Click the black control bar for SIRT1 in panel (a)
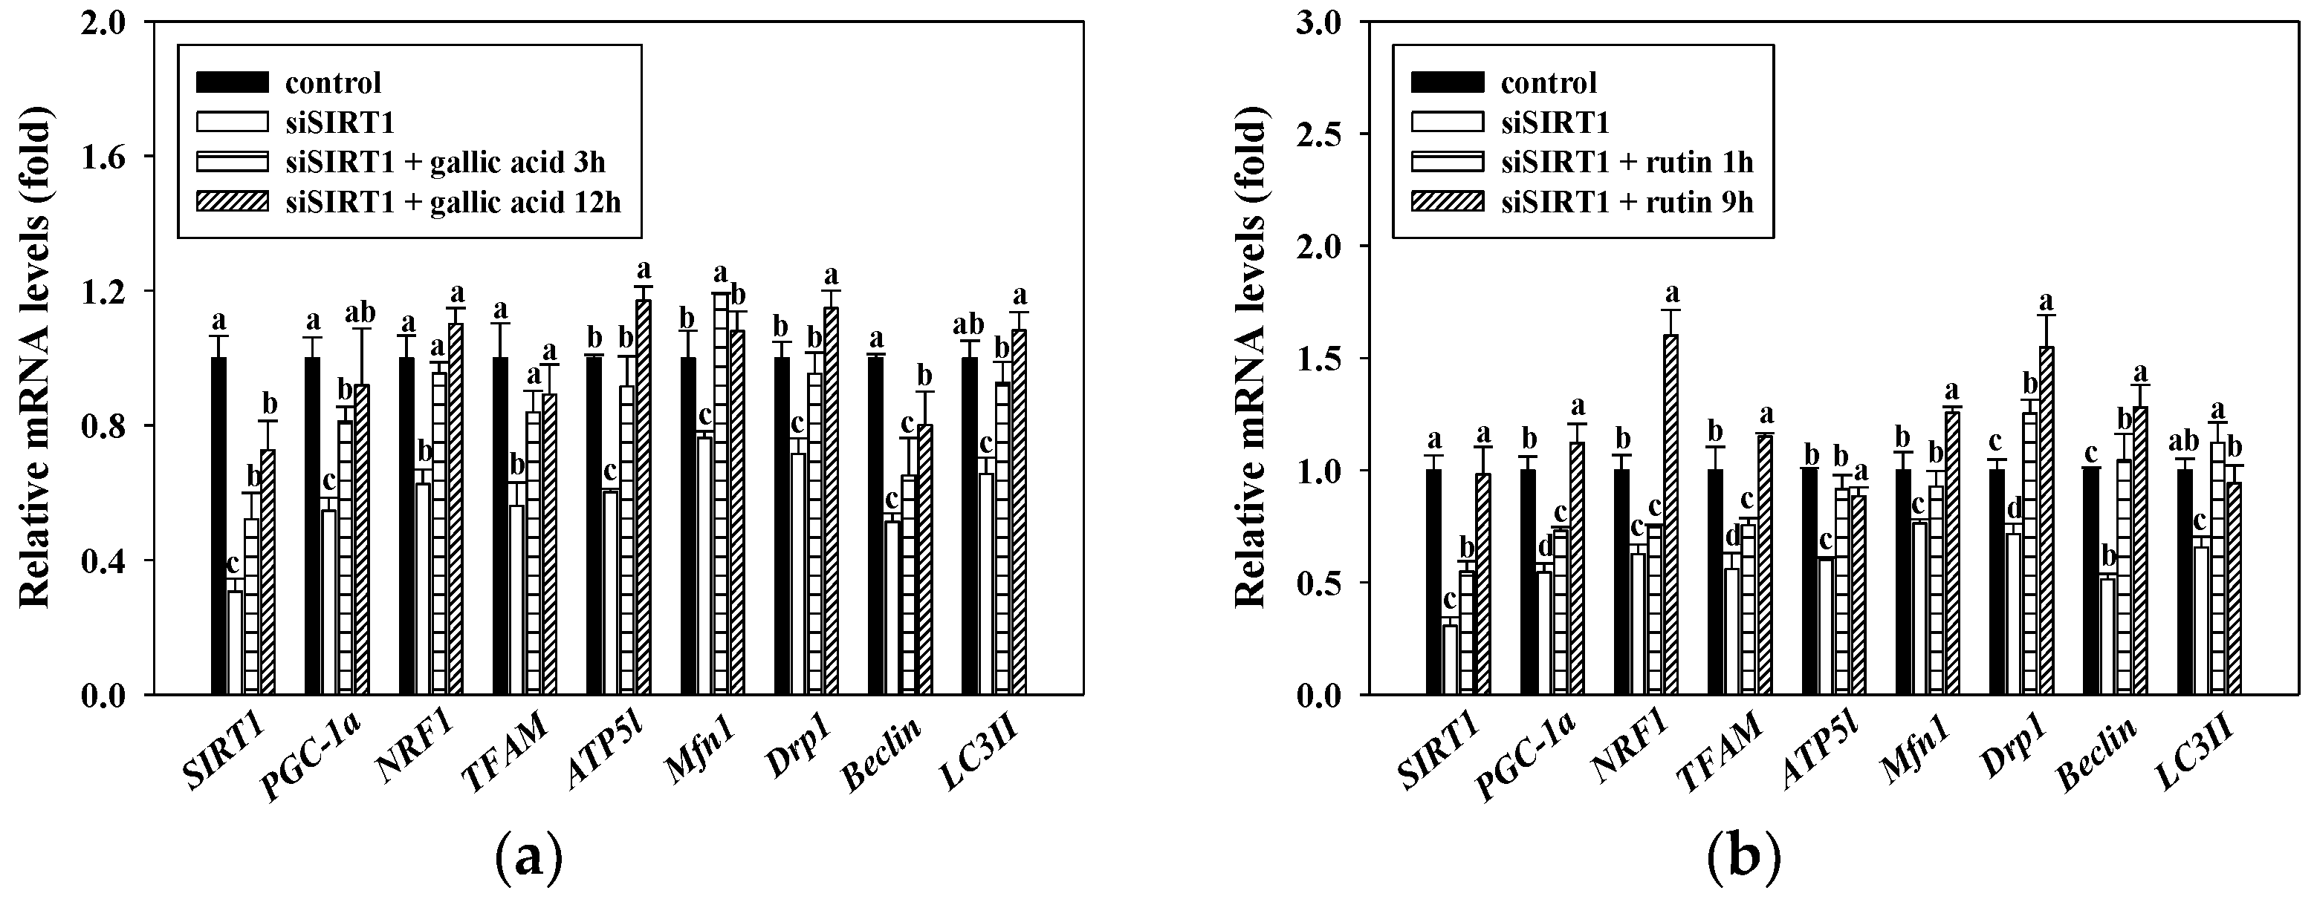219,526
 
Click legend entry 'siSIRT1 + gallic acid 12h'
453,200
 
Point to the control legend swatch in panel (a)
232,82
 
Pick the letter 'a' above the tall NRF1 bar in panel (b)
1672,293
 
